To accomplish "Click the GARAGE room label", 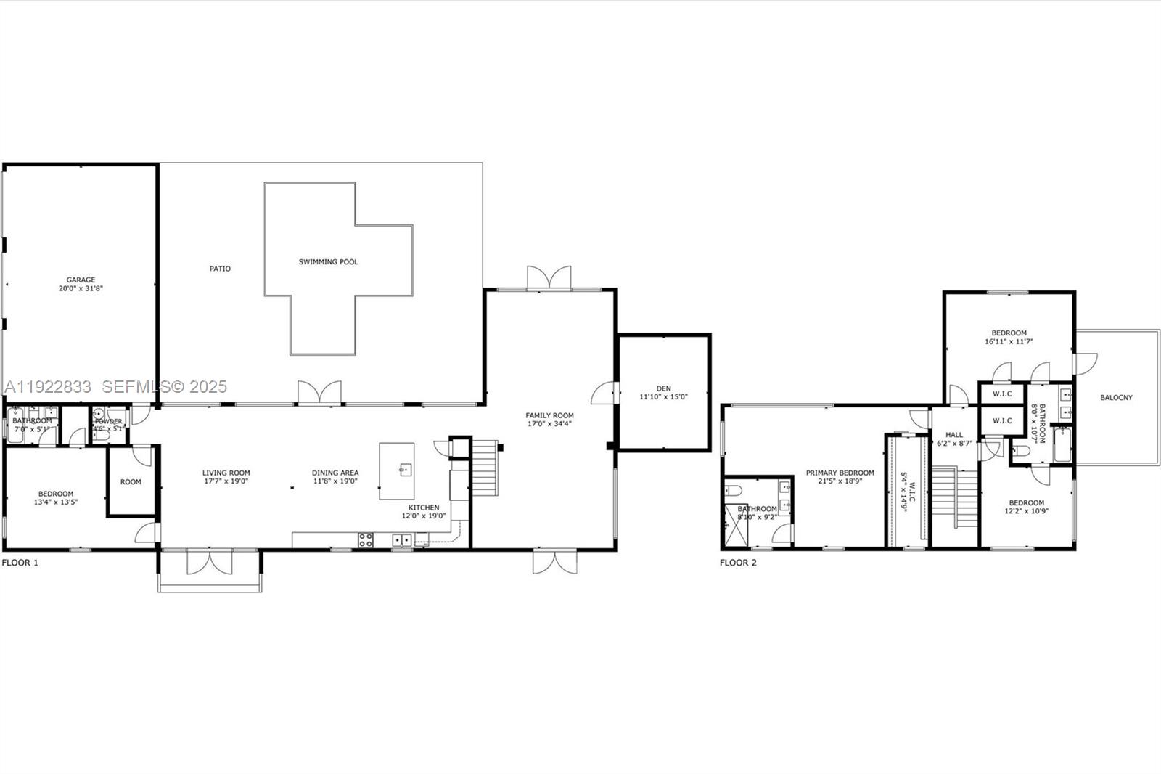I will (x=81, y=280).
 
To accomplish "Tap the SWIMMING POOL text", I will (x=328, y=262).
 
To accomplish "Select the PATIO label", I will (x=220, y=269).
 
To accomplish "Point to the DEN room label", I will (x=663, y=388).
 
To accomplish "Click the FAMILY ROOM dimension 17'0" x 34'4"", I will (x=549, y=424).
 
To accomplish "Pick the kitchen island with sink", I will (x=397, y=470).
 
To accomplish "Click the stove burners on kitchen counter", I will (x=366, y=539).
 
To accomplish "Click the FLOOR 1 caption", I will (x=20, y=563).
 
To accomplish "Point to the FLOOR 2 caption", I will (x=738, y=563).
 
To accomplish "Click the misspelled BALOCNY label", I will (x=1116, y=398).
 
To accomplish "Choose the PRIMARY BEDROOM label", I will (x=840, y=473).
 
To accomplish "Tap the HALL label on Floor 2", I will (x=954, y=435).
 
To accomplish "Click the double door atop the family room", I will (x=549, y=279).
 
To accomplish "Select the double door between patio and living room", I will (x=319, y=392).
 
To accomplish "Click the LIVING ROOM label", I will (x=226, y=473).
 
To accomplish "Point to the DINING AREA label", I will (x=335, y=473).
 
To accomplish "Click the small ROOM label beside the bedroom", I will (x=131, y=482).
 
